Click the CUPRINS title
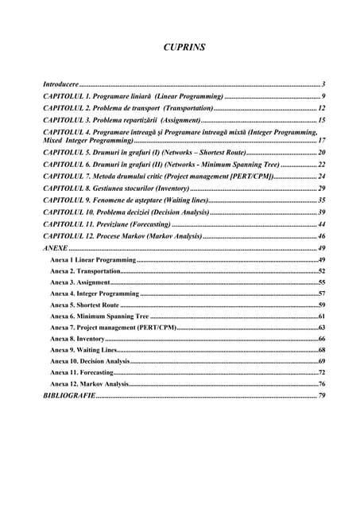[184, 48]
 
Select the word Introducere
[60, 84]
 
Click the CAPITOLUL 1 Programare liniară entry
[132, 95]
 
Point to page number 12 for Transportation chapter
[321, 107]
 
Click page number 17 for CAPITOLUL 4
[321, 139]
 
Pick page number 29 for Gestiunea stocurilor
[321, 188]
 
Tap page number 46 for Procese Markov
[321, 237]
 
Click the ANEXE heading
[55, 249]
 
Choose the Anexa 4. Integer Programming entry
[95, 293]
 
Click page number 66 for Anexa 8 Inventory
[321, 339]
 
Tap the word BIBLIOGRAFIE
[69, 395]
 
